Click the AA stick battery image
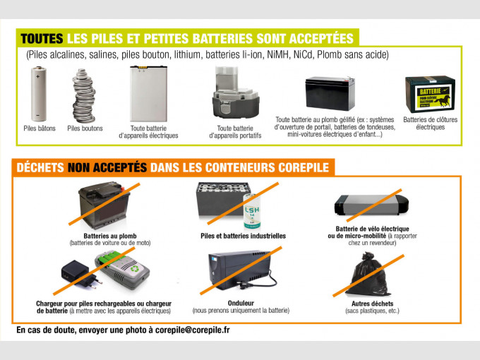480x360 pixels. click(x=37, y=95)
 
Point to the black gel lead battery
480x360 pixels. click(x=329, y=94)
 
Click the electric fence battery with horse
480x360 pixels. click(x=429, y=94)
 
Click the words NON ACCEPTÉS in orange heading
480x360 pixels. click(x=107, y=167)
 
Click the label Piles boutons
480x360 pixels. click(x=85, y=128)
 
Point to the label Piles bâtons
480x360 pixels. click(x=40, y=128)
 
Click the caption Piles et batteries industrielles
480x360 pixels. click(x=243, y=236)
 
